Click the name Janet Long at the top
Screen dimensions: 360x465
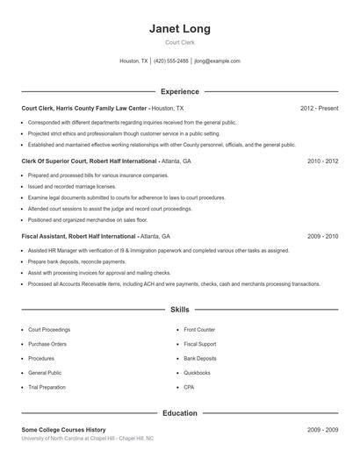(180, 29)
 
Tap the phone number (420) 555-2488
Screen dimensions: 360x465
(171, 61)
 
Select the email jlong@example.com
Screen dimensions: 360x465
(217, 61)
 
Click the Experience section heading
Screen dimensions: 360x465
(180, 91)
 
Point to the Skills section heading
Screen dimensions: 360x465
(180, 310)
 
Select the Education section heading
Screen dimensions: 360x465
(180, 412)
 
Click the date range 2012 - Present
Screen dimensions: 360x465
(319, 108)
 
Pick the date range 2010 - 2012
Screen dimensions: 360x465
(322, 161)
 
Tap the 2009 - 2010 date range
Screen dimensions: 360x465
(322, 237)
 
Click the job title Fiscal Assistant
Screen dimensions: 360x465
(49, 237)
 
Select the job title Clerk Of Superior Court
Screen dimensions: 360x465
(57, 161)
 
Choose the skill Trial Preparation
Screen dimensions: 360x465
(47, 387)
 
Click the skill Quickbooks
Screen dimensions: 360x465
(197, 373)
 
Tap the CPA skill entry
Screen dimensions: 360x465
(189, 387)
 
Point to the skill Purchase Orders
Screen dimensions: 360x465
(47, 344)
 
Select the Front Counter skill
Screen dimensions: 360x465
(199, 330)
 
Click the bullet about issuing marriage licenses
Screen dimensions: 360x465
(72, 187)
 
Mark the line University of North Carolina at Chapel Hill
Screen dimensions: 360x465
(88, 438)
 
